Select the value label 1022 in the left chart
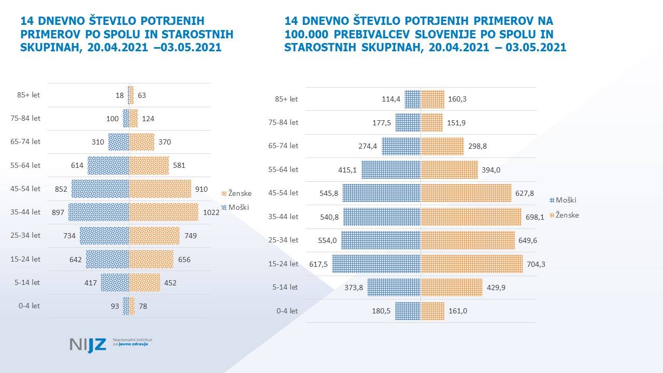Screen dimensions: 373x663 211,212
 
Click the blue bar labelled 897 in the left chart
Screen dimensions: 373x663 98,212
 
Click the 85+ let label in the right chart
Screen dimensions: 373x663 286,99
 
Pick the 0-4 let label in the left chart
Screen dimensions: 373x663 28,306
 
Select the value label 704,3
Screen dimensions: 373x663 536,264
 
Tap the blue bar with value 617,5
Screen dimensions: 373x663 376,264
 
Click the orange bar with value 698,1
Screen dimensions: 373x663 471,217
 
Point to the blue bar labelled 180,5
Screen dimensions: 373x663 408,311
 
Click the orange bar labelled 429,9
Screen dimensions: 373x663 452,287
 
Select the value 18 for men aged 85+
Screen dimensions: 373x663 120,95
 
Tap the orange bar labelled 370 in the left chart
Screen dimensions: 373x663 141,142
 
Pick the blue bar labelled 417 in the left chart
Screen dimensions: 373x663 114,283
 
